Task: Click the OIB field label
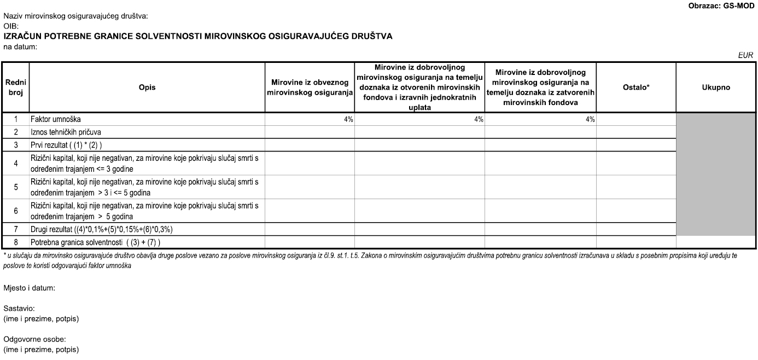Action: click(11, 26)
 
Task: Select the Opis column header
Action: click(147, 88)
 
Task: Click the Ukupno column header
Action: click(716, 88)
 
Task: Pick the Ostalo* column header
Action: click(636, 88)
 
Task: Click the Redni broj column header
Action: click(16, 88)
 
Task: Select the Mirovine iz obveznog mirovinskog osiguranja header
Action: click(310, 88)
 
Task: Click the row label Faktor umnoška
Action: click(59, 119)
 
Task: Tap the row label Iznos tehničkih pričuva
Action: click(66, 132)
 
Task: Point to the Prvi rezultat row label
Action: click(66, 145)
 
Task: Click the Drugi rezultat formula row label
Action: click(102, 229)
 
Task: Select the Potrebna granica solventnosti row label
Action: click(95, 242)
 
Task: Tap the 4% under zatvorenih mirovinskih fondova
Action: click(590, 119)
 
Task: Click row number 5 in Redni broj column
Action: click(16, 187)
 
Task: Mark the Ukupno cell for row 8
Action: click(716, 242)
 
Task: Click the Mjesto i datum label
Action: click(30, 288)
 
